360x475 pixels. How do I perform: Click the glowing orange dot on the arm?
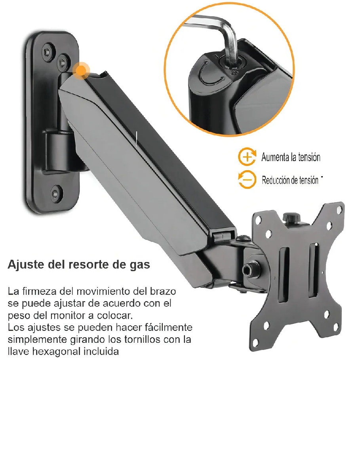click(x=82, y=71)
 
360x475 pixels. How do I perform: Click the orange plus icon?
click(x=246, y=157)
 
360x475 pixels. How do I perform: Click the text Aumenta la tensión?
click(x=291, y=157)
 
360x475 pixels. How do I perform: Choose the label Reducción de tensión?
click(x=290, y=180)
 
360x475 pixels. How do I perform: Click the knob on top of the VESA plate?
click(x=291, y=218)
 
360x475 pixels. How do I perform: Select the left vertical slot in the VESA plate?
click(x=284, y=275)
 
